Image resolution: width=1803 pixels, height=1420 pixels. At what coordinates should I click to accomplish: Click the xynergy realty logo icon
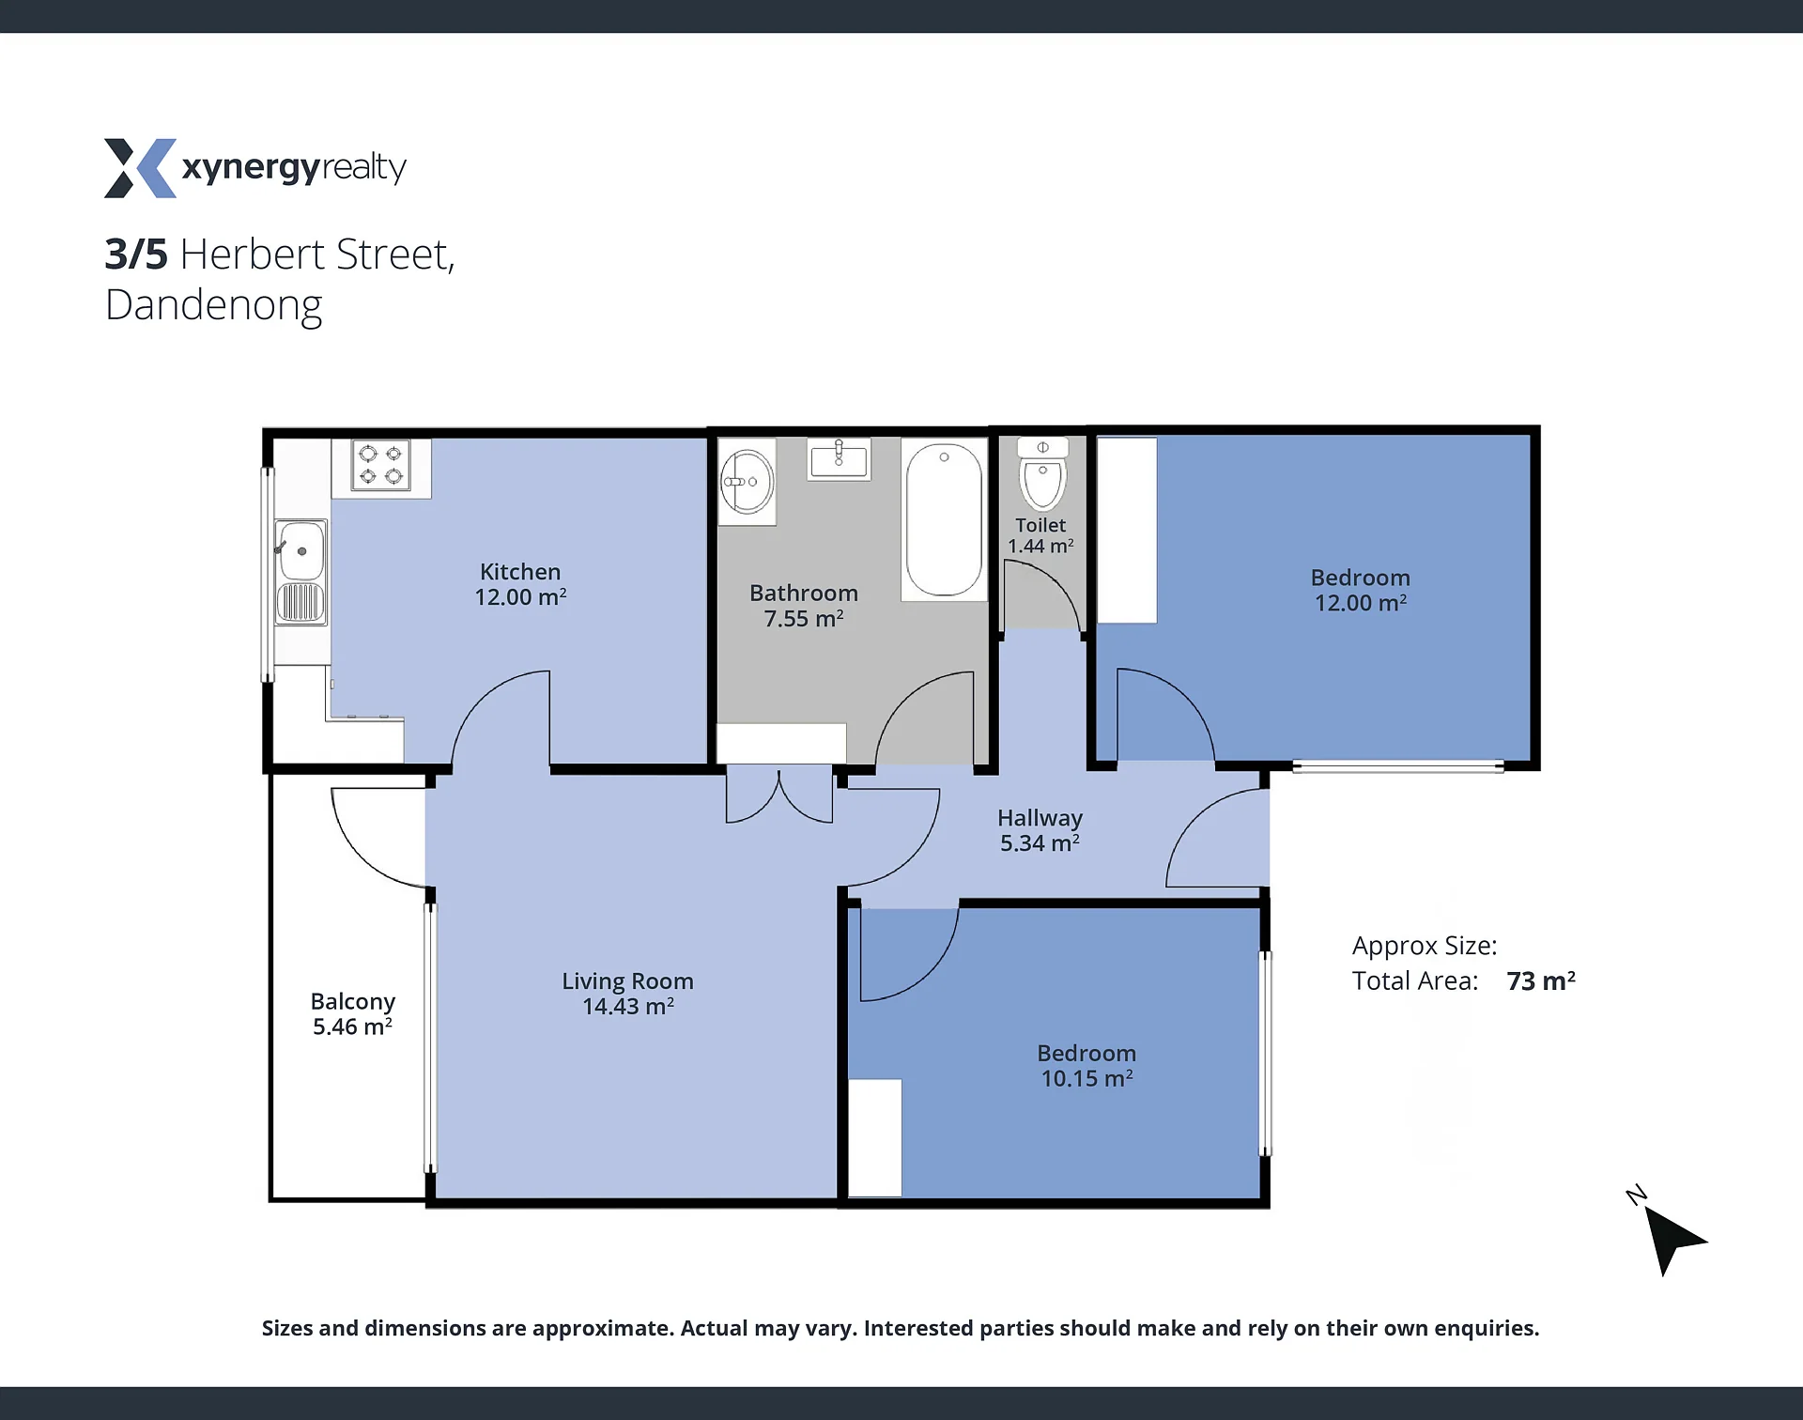[140, 168]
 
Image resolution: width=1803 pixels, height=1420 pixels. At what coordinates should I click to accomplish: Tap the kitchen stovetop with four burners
[380, 465]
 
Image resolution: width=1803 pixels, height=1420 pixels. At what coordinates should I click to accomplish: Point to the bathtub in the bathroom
[944, 520]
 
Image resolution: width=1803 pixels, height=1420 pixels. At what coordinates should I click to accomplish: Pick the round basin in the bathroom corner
[747, 482]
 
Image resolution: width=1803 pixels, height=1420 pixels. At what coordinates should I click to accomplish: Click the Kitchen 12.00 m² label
[520, 584]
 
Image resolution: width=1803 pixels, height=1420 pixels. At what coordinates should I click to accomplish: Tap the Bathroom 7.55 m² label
[804, 606]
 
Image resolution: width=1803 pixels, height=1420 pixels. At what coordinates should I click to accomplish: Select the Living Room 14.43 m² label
[627, 994]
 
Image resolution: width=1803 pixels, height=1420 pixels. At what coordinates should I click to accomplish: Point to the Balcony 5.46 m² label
[353, 1014]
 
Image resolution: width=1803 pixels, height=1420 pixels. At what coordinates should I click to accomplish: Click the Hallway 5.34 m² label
[1040, 831]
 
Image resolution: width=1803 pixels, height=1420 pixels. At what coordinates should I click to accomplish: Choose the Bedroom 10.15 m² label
[1086, 1066]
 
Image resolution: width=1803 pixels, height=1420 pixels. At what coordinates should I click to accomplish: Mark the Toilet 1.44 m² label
[1040, 535]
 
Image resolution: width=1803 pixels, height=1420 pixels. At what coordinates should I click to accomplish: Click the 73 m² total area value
[1541, 980]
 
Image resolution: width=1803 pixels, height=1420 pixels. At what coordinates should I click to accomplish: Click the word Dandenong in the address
[214, 306]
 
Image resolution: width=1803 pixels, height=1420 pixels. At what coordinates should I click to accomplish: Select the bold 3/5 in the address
[136, 255]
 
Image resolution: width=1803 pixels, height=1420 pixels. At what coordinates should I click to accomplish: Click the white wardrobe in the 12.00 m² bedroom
[1127, 531]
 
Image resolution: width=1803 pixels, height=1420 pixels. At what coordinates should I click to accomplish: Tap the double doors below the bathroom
[779, 795]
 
